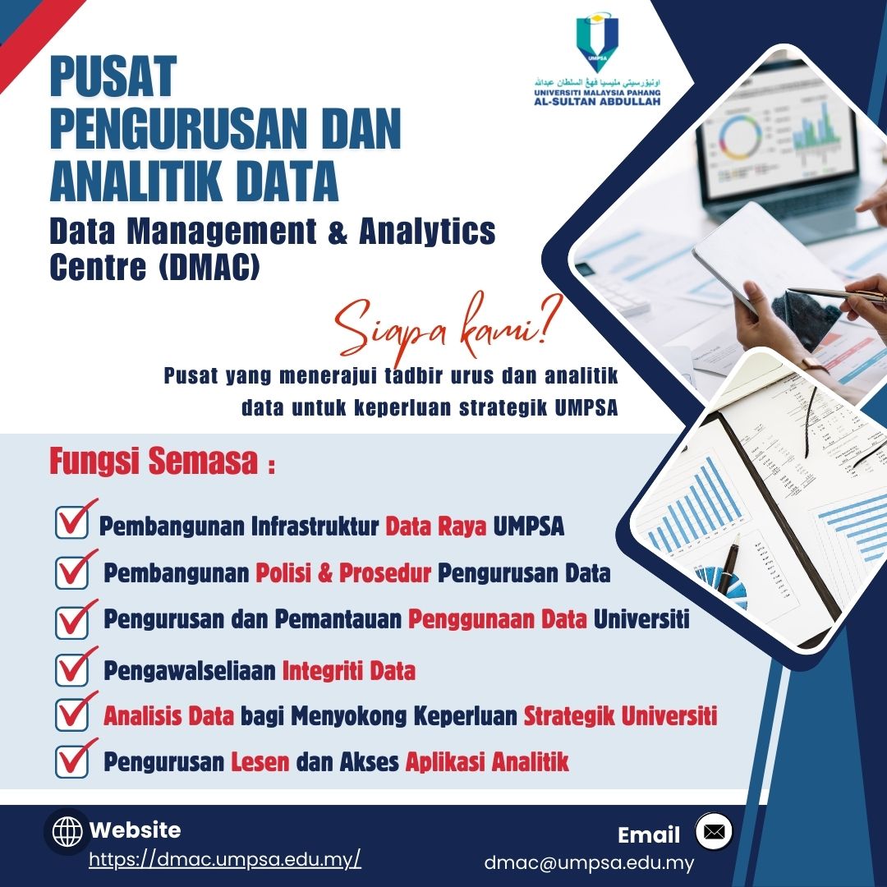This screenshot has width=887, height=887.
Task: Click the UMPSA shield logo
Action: (597, 41)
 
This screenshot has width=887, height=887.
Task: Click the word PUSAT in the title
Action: (113, 76)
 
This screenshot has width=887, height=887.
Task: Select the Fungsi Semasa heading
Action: (162, 462)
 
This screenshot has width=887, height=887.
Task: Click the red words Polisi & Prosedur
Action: (342, 573)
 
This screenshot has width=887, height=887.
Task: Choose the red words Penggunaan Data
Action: (497, 619)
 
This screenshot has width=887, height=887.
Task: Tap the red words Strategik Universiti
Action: (620, 715)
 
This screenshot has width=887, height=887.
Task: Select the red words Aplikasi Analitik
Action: (487, 762)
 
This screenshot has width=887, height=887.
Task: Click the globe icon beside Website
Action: (67, 832)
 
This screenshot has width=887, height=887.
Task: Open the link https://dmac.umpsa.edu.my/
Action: (224, 859)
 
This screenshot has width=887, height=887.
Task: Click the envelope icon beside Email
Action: (714, 831)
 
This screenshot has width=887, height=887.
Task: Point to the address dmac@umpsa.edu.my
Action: (588, 863)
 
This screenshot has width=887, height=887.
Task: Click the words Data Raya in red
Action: (435, 526)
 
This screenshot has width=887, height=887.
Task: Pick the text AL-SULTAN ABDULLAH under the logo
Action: (597, 102)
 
